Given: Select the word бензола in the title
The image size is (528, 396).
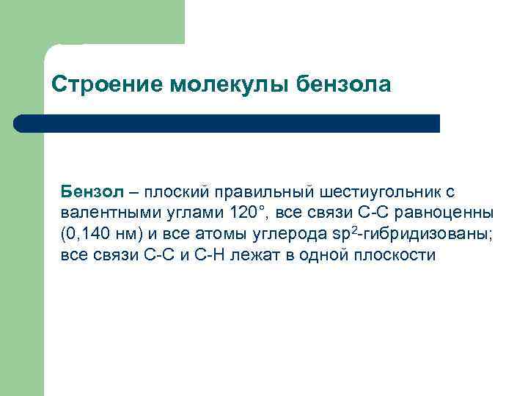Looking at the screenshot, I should pos(345,85).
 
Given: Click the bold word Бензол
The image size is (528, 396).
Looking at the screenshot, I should pos(92,192).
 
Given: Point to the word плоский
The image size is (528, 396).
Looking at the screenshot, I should pos(176,192).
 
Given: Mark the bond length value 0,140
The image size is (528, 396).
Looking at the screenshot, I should pos(87,235).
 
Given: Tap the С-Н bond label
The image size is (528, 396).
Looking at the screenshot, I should pos(208,256).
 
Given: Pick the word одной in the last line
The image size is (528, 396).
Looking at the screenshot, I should pos(324,256).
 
